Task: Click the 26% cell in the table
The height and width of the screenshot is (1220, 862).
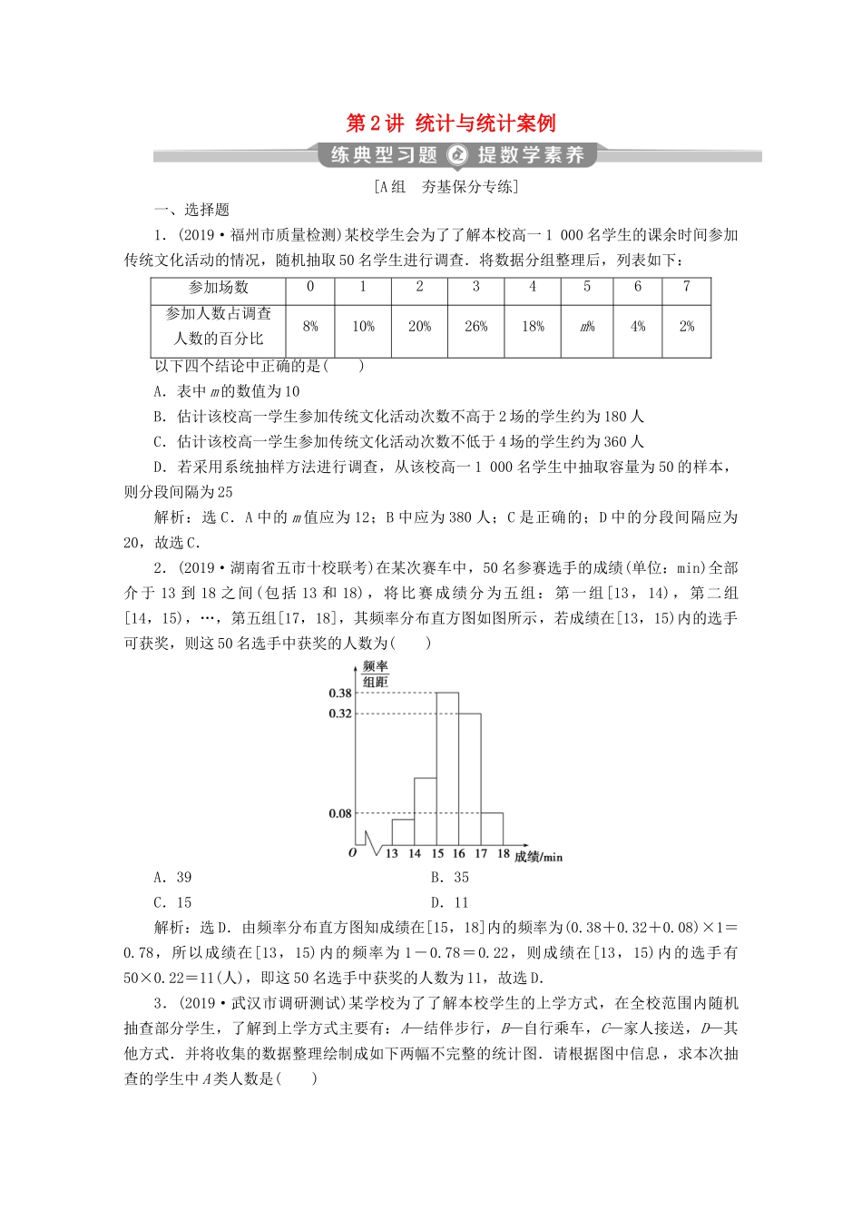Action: (475, 327)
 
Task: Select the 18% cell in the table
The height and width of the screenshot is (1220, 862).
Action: (533, 327)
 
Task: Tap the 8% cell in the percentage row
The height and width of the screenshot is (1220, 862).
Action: (310, 327)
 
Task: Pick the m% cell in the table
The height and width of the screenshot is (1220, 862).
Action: (587, 327)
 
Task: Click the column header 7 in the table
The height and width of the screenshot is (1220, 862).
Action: (687, 287)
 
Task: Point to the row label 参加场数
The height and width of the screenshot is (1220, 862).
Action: (219, 288)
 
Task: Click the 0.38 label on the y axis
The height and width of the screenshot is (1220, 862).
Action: (340, 694)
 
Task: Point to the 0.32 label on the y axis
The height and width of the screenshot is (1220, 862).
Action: (340, 714)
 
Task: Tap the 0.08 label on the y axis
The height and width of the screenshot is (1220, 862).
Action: (340, 814)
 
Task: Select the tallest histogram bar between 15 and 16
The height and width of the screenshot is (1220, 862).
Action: (447, 772)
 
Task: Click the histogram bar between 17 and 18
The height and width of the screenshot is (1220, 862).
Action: (492, 829)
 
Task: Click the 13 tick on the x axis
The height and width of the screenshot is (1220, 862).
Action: (392, 854)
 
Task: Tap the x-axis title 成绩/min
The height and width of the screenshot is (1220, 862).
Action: (538, 857)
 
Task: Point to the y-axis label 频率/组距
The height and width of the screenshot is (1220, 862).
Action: (376, 674)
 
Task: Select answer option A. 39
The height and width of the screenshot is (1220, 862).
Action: (173, 878)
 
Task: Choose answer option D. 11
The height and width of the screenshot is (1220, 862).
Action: (450, 903)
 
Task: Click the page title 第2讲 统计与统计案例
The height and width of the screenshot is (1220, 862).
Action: (451, 123)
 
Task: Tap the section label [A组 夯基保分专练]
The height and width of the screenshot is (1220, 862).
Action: (445, 187)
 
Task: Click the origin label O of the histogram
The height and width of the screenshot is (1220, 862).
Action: (353, 853)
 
